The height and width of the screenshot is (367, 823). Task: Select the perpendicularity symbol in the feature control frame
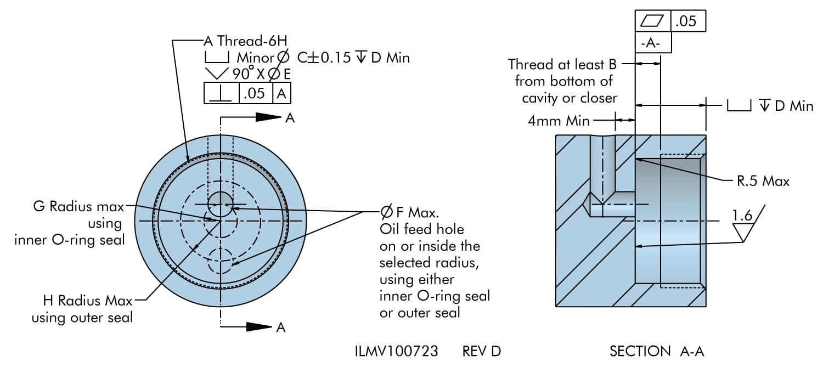221,93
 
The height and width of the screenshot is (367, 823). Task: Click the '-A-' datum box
653,44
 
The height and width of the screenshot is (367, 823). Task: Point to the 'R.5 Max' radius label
763,181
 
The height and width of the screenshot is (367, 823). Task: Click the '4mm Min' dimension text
559,121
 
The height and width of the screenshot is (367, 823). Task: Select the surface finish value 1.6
743,216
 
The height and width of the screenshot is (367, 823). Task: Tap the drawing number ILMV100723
396,351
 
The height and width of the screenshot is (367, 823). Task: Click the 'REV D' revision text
481,351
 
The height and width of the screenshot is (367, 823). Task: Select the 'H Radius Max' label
88,301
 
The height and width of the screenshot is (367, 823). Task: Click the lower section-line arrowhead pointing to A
258,327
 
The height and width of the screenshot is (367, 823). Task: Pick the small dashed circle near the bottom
221,261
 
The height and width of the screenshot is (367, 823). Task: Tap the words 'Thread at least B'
562,64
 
